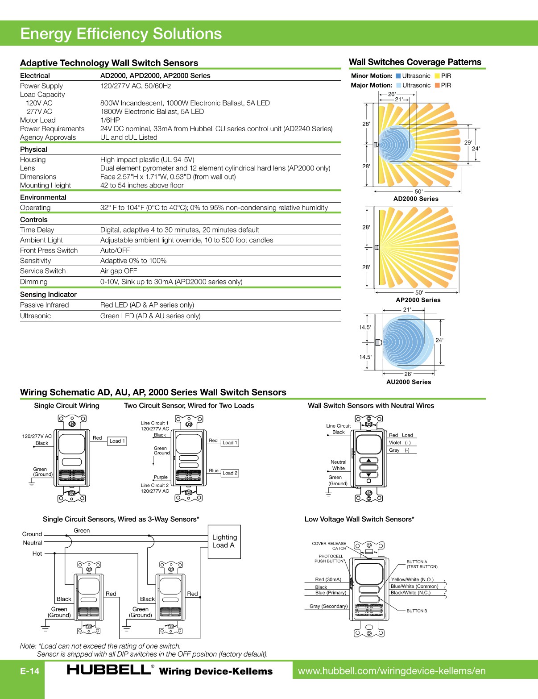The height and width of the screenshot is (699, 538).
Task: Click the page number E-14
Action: (x=29, y=671)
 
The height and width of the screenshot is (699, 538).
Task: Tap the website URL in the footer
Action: (x=391, y=671)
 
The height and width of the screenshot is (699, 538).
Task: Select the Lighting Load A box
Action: (x=224, y=541)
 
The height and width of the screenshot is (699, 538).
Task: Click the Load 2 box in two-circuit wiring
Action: (x=230, y=473)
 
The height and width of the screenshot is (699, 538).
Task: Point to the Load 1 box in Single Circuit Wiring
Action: (x=117, y=441)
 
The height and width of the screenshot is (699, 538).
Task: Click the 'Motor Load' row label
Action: (x=38, y=120)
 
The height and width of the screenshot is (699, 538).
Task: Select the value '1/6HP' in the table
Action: (x=110, y=120)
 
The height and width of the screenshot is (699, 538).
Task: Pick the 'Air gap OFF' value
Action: (x=119, y=271)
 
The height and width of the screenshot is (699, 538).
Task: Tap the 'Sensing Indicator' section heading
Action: (x=48, y=295)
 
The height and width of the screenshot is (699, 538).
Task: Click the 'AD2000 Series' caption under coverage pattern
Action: (x=416, y=199)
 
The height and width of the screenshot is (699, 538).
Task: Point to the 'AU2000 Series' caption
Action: (x=409, y=382)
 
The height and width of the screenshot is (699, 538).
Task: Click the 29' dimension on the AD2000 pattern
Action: (x=468, y=142)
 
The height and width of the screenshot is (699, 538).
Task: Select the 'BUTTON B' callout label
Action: (x=417, y=611)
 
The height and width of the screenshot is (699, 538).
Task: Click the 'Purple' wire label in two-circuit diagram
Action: (x=161, y=477)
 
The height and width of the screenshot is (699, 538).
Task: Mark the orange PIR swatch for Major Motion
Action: (x=437, y=85)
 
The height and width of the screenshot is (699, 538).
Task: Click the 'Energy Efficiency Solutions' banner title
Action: (x=121, y=34)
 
